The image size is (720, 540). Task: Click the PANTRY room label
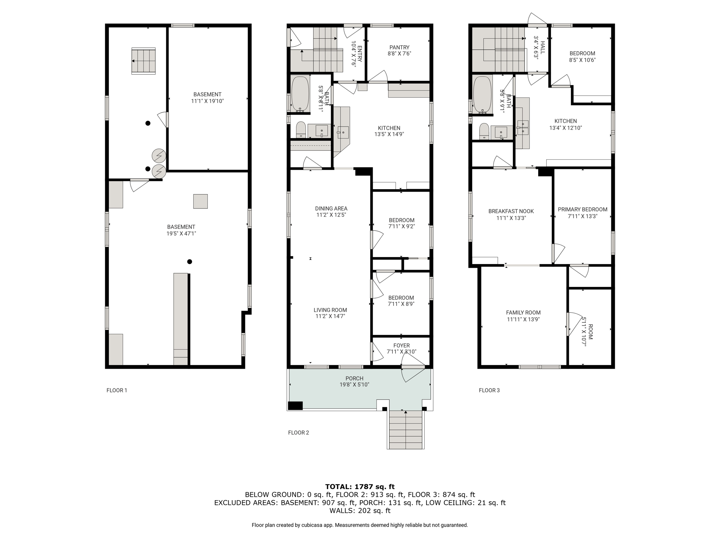coord(399,47)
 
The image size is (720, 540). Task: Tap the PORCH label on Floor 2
coord(354,378)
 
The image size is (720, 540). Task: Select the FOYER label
coord(401,346)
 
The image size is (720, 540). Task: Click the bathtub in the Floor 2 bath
coord(300,94)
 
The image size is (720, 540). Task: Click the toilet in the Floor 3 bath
coord(484,131)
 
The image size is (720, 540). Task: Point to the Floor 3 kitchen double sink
coord(523,128)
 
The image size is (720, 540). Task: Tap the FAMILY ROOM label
coord(523,313)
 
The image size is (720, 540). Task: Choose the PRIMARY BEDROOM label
coord(583,210)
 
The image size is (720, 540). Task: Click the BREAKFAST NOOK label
coord(511,211)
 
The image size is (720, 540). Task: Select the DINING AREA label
coord(331,208)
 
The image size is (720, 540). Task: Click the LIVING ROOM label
coord(330,310)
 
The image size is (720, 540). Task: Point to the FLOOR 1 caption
coord(117,390)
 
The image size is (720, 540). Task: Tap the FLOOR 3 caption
coord(489,390)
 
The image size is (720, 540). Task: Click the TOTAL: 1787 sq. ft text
coord(360,487)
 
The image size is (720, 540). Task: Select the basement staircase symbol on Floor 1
coord(143,61)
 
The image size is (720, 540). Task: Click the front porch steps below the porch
coord(406,430)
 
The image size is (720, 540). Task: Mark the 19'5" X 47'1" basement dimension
coord(181,233)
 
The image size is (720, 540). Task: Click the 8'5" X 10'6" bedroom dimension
coord(582,60)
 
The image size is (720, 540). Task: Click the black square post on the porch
coord(295,406)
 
